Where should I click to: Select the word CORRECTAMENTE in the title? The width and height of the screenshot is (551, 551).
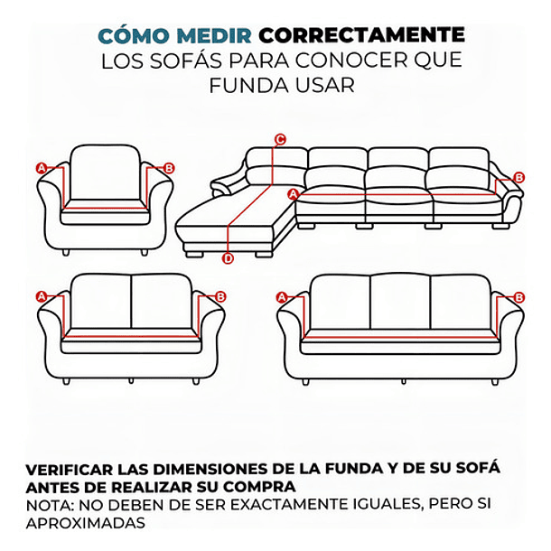click(361, 36)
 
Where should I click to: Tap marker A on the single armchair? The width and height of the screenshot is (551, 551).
click(41, 168)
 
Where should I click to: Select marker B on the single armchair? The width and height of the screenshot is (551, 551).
click(169, 168)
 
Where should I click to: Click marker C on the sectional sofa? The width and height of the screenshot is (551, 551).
click(280, 139)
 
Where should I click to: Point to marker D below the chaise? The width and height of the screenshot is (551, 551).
click(228, 259)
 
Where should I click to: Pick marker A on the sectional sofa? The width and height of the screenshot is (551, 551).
click(292, 194)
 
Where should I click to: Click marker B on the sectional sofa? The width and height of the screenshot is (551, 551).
click(518, 178)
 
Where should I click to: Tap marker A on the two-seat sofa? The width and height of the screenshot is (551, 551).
click(41, 296)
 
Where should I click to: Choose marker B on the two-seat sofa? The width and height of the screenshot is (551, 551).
click(220, 296)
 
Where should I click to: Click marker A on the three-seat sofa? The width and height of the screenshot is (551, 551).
click(281, 297)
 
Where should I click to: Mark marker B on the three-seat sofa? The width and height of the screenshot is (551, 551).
click(518, 297)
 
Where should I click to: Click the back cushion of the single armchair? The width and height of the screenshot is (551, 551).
click(105, 172)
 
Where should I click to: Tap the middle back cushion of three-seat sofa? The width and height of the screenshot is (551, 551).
click(399, 303)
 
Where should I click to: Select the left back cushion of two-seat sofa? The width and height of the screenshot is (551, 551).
click(100, 301)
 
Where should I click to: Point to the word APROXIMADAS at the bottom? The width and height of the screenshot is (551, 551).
click(86, 523)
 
